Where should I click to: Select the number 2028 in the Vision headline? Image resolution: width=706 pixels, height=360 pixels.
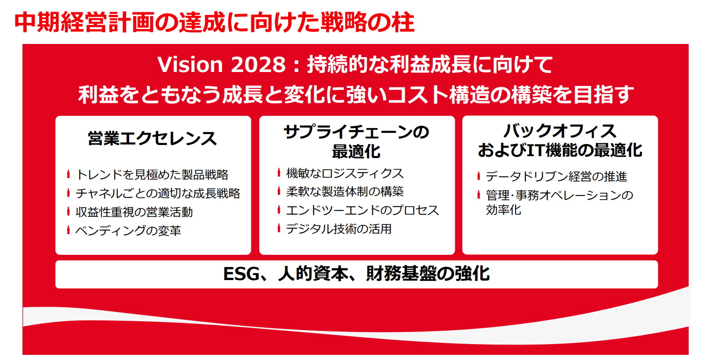[258, 65]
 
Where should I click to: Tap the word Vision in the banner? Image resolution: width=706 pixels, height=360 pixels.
[190, 65]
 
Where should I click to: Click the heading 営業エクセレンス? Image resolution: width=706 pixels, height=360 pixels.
[152, 138]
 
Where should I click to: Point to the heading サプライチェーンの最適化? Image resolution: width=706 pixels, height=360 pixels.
[357, 141]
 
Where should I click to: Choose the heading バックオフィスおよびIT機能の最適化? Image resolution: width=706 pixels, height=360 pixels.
[560, 140]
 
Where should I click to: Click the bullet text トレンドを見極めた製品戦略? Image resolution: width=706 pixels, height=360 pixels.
[152, 174]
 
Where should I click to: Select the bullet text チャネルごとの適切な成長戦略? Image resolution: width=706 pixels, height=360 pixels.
[158, 193]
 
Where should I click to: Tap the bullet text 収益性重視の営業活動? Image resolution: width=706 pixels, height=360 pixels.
[134, 212]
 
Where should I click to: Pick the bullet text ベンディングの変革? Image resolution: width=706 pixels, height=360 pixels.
[128, 230]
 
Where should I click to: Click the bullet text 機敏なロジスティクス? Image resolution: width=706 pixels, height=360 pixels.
[345, 173]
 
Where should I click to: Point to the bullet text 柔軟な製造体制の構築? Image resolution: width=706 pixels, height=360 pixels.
[345, 192]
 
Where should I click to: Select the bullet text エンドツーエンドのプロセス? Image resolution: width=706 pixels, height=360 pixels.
[363, 210]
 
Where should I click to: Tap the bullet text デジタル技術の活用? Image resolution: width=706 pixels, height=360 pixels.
[339, 229]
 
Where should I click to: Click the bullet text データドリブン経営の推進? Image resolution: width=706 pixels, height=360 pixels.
[557, 176]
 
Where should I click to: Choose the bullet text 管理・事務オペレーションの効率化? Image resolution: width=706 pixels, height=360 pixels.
[560, 202]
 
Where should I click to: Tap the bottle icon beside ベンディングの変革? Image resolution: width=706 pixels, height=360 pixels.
[68, 230]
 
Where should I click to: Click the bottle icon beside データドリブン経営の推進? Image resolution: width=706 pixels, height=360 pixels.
[479, 176]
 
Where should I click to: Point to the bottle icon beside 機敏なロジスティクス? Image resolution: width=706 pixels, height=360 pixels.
[279, 172]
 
